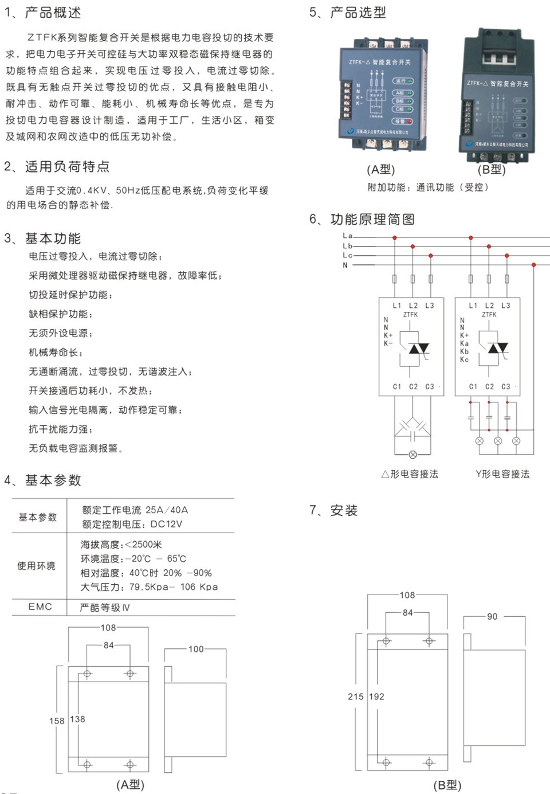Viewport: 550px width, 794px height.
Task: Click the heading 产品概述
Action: click(53, 12)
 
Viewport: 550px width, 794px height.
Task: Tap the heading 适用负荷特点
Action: click(67, 167)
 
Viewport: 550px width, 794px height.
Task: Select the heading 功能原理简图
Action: click(372, 219)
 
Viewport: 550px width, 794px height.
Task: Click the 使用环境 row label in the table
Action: click(36, 566)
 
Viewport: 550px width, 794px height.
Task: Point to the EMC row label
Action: click(40, 607)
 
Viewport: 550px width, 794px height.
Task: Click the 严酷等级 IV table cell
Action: click(105, 608)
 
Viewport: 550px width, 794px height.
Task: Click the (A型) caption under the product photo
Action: click(381, 170)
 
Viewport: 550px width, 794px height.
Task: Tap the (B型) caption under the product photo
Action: click(492, 170)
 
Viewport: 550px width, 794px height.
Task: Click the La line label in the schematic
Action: click(347, 236)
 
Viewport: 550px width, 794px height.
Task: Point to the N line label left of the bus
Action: click(345, 265)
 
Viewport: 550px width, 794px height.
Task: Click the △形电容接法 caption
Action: click(410, 474)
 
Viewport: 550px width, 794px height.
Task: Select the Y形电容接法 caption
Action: click(502, 474)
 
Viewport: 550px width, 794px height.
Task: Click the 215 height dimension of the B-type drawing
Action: click(355, 697)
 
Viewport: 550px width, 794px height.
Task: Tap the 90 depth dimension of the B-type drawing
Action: click(492, 616)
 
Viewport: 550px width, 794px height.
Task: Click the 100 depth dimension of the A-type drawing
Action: click(196, 649)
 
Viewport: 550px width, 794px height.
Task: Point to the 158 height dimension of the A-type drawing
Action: click(57, 721)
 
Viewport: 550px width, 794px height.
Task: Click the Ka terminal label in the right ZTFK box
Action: click(464, 343)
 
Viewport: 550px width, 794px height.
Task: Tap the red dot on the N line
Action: click(534, 265)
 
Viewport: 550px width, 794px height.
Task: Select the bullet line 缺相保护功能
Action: click(60, 314)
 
